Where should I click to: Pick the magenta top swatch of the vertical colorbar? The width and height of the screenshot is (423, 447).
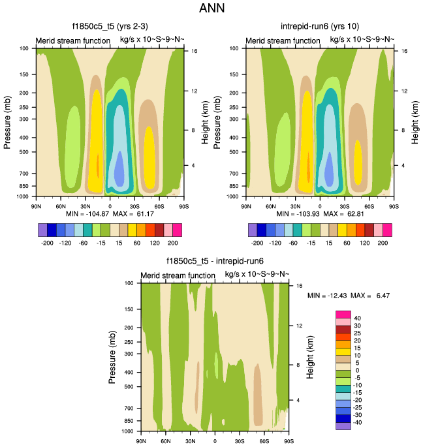click(344, 315)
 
